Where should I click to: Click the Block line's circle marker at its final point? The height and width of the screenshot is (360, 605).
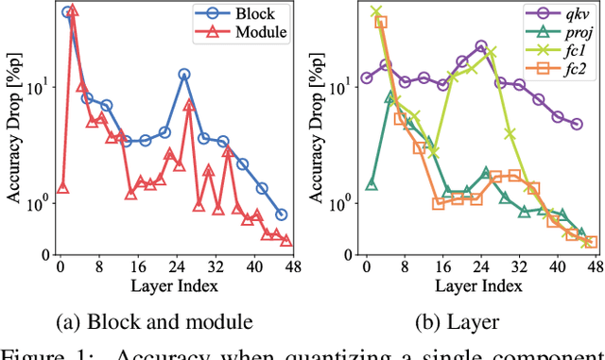coord(282,214)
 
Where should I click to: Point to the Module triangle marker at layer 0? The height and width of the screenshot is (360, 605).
coord(62,187)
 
